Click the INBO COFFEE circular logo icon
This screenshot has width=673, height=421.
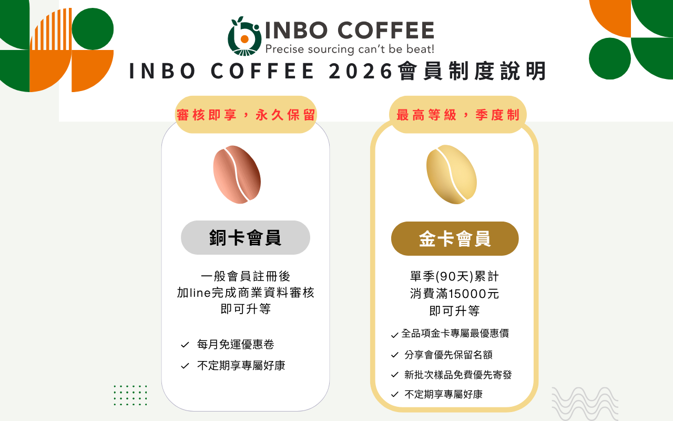click(244, 36)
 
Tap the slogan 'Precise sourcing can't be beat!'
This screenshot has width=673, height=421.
click(350, 49)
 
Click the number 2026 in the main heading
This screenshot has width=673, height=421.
click(361, 72)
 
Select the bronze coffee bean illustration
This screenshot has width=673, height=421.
click(237, 174)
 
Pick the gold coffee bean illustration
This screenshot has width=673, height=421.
click(452, 174)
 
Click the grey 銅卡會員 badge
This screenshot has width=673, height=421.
click(246, 237)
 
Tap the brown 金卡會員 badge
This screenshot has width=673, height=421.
click(455, 239)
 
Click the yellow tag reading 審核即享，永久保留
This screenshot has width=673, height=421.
click(246, 115)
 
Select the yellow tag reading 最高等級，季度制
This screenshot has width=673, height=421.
click(458, 115)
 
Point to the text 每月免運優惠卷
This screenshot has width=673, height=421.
click(236, 344)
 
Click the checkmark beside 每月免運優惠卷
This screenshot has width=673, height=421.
click(185, 345)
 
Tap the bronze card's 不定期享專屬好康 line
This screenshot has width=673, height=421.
click(241, 366)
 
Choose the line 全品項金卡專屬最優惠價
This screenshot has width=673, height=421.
click(455, 333)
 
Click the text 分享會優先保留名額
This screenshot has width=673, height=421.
click(448, 355)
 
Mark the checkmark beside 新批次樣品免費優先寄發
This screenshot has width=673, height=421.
click(395, 375)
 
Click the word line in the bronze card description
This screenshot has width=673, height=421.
click(200, 293)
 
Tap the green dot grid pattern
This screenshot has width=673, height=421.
click(131, 395)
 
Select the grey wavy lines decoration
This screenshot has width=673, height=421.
click(585, 404)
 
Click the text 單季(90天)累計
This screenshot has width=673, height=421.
click(455, 276)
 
